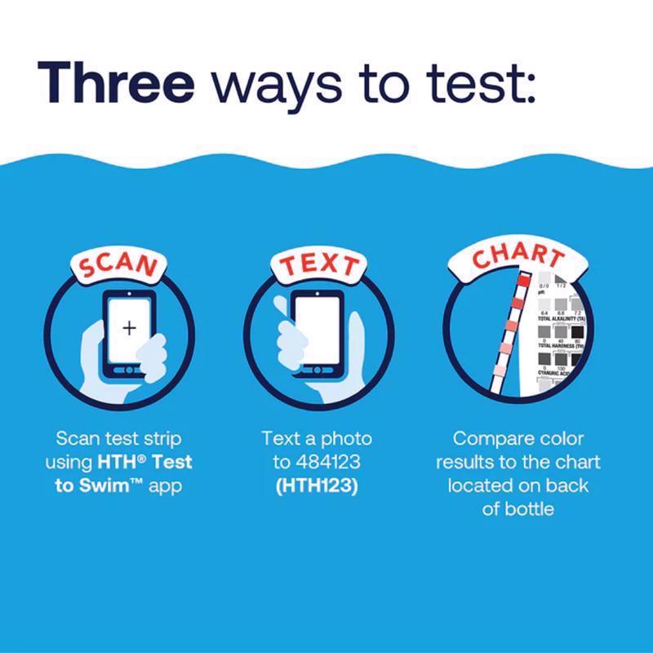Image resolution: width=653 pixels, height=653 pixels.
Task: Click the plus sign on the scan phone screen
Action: (x=129, y=328)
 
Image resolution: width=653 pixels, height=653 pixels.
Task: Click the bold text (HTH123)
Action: (x=317, y=486)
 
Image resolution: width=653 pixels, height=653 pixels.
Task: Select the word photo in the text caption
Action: (x=347, y=439)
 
